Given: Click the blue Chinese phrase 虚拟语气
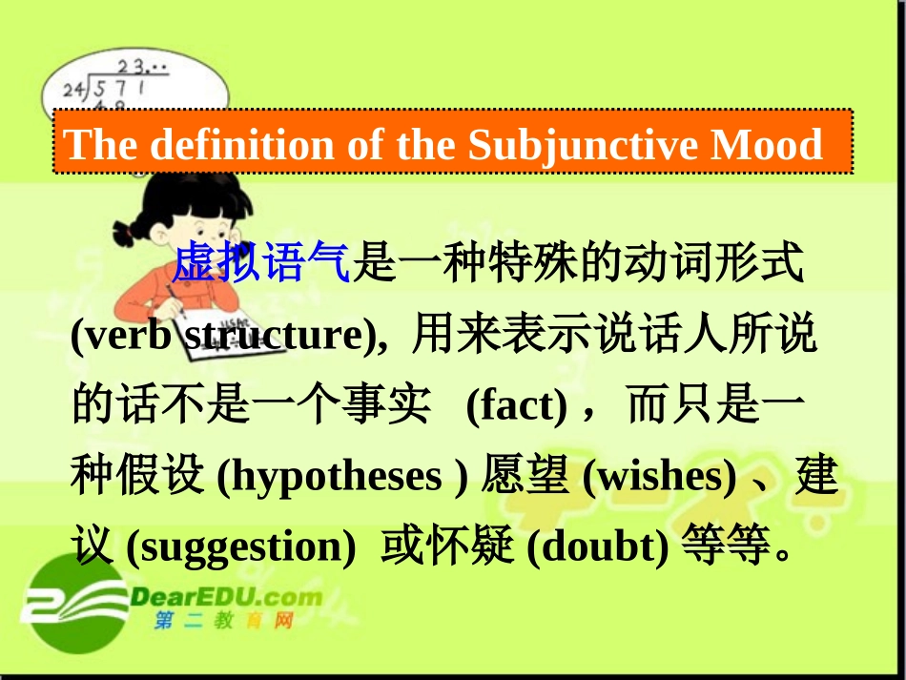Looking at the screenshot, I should pos(262,263).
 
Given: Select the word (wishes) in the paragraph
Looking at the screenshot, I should pos(659,477).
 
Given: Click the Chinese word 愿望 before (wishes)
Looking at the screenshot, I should pos(525,477).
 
